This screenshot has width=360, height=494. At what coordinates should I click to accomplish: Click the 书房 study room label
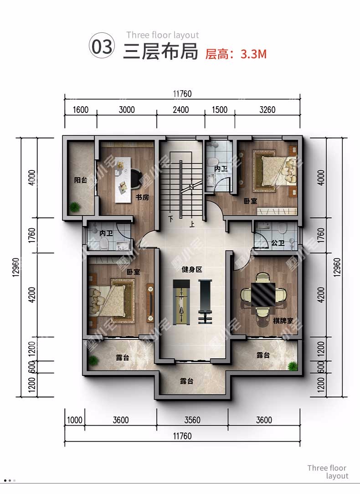(x=142, y=197)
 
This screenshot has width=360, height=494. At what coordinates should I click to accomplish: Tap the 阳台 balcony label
(x=81, y=180)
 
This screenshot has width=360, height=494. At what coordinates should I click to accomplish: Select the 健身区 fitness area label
(x=192, y=269)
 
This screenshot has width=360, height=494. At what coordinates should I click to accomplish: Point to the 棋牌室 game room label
(x=283, y=321)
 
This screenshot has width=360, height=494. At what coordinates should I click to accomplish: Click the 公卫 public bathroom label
(x=278, y=243)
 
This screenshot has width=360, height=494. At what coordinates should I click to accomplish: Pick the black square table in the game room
(x=263, y=294)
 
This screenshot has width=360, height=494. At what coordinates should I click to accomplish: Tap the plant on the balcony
(x=75, y=207)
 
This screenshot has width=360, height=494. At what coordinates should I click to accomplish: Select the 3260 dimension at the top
(x=267, y=110)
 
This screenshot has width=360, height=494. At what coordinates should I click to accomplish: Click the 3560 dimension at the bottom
(x=192, y=420)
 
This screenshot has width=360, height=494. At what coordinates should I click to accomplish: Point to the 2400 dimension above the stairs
(x=181, y=110)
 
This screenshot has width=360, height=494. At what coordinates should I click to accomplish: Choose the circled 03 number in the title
(x=102, y=46)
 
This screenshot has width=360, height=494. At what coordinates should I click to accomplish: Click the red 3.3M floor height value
(x=253, y=54)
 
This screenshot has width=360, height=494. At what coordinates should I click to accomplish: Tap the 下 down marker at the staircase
(x=171, y=218)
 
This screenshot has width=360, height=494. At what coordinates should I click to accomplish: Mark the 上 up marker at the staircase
(x=192, y=224)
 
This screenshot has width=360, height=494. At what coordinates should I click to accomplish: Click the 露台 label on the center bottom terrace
(x=187, y=381)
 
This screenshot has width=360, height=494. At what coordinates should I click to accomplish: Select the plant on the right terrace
(x=293, y=365)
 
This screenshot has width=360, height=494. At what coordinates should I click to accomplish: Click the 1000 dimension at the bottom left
(x=75, y=420)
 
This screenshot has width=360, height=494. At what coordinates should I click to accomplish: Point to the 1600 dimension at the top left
(x=81, y=110)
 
